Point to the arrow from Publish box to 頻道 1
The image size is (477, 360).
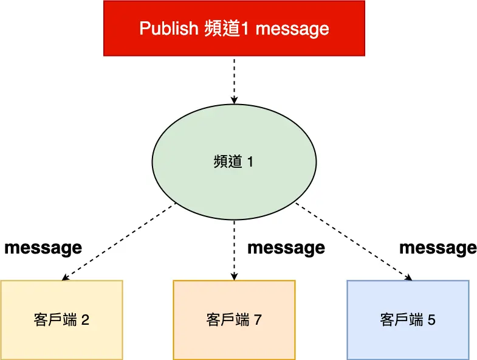pyautogui.click(x=234, y=79)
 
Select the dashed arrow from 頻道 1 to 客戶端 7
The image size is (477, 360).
pyautogui.click(x=234, y=249)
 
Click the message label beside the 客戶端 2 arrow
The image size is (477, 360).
pyautogui.click(x=43, y=248)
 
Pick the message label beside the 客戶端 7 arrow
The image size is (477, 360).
pyautogui.click(x=286, y=248)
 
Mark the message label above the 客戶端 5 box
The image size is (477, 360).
pyautogui.click(x=438, y=248)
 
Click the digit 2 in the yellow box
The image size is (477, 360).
pyautogui.click(x=85, y=320)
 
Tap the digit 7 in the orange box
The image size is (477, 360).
pyautogui.click(x=258, y=320)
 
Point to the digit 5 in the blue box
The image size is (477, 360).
pyautogui.click(x=431, y=320)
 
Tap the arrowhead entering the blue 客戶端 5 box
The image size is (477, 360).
pyautogui.click(x=408, y=277)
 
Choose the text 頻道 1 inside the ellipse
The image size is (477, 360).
pyautogui.click(x=234, y=162)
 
